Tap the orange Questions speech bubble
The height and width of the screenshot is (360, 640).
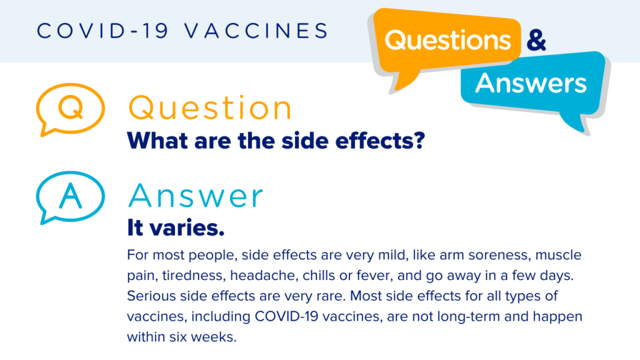tap(447, 41)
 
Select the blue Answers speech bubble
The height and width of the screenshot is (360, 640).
tap(531, 84)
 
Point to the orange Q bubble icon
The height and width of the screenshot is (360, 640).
tap(69, 109)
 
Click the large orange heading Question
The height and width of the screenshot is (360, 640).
tap(210, 108)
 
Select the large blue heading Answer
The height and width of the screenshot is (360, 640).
tap(196, 196)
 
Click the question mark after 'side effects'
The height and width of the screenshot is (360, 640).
tap(419, 140)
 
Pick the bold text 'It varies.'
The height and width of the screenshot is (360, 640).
tap(176, 228)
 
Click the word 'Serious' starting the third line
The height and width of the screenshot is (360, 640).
tap(147, 296)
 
